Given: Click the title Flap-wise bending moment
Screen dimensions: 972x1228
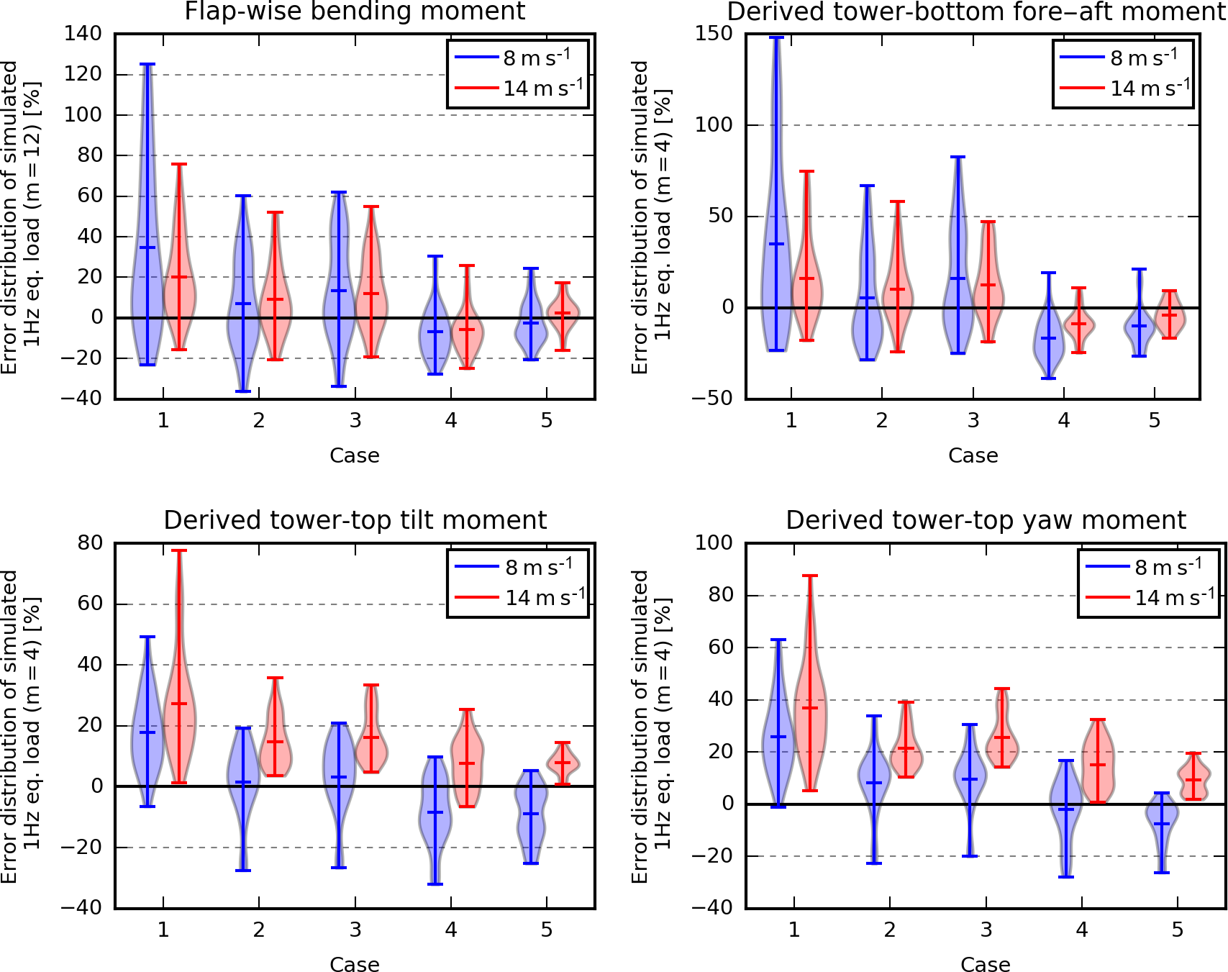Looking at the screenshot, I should pos(355,12).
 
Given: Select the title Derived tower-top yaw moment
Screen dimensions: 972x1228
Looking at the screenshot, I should pos(986,520).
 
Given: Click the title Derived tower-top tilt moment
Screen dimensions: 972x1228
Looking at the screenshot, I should pos(355,520).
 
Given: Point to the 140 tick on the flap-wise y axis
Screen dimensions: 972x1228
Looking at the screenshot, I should pos(83,34).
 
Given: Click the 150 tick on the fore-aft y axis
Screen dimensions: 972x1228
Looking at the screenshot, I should pos(714,34).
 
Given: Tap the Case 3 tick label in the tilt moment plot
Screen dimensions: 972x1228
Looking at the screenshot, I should pos(355,930).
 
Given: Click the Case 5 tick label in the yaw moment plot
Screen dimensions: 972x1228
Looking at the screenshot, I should pos(1178,930).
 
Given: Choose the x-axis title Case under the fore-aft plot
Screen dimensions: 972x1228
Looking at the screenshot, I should pos(973,455).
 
